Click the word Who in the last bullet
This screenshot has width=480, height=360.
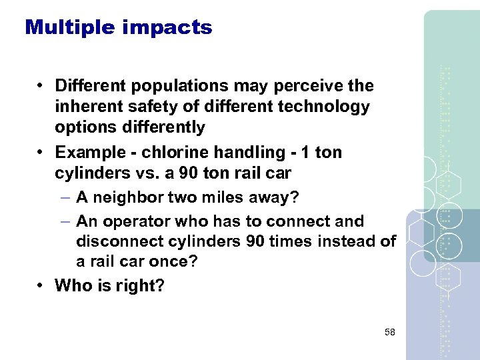73,286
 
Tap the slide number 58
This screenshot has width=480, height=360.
389,331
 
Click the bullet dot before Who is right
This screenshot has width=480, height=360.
41,286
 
